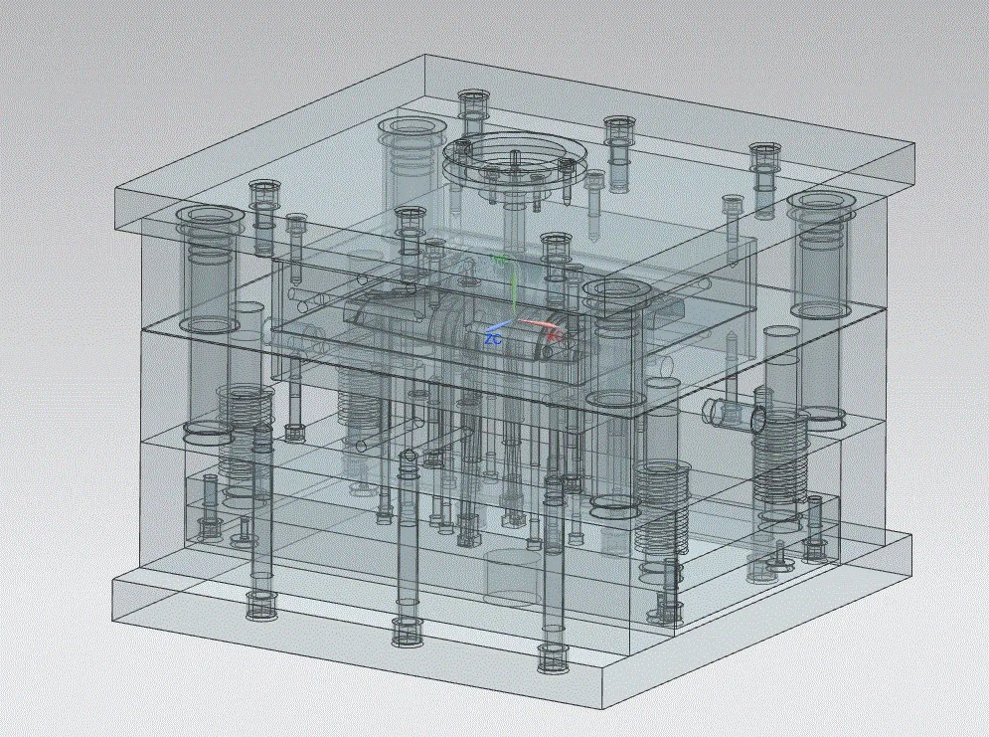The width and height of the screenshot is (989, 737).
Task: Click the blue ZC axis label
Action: tap(492, 339)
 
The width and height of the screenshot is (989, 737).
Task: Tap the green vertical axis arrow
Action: tap(510, 288)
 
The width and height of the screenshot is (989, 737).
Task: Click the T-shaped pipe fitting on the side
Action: tap(737, 413)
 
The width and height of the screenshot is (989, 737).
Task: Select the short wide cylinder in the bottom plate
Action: tap(512, 576)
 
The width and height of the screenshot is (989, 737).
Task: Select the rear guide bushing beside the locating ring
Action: tap(410, 129)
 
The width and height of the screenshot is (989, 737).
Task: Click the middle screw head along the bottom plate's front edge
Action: tap(407, 631)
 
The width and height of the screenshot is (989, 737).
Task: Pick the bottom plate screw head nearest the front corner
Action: tap(554, 656)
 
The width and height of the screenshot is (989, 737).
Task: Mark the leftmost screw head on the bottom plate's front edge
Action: tap(261, 604)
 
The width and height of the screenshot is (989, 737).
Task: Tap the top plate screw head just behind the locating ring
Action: tap(473, 98)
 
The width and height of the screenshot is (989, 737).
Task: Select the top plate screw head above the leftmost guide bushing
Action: tap(263, 188)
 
